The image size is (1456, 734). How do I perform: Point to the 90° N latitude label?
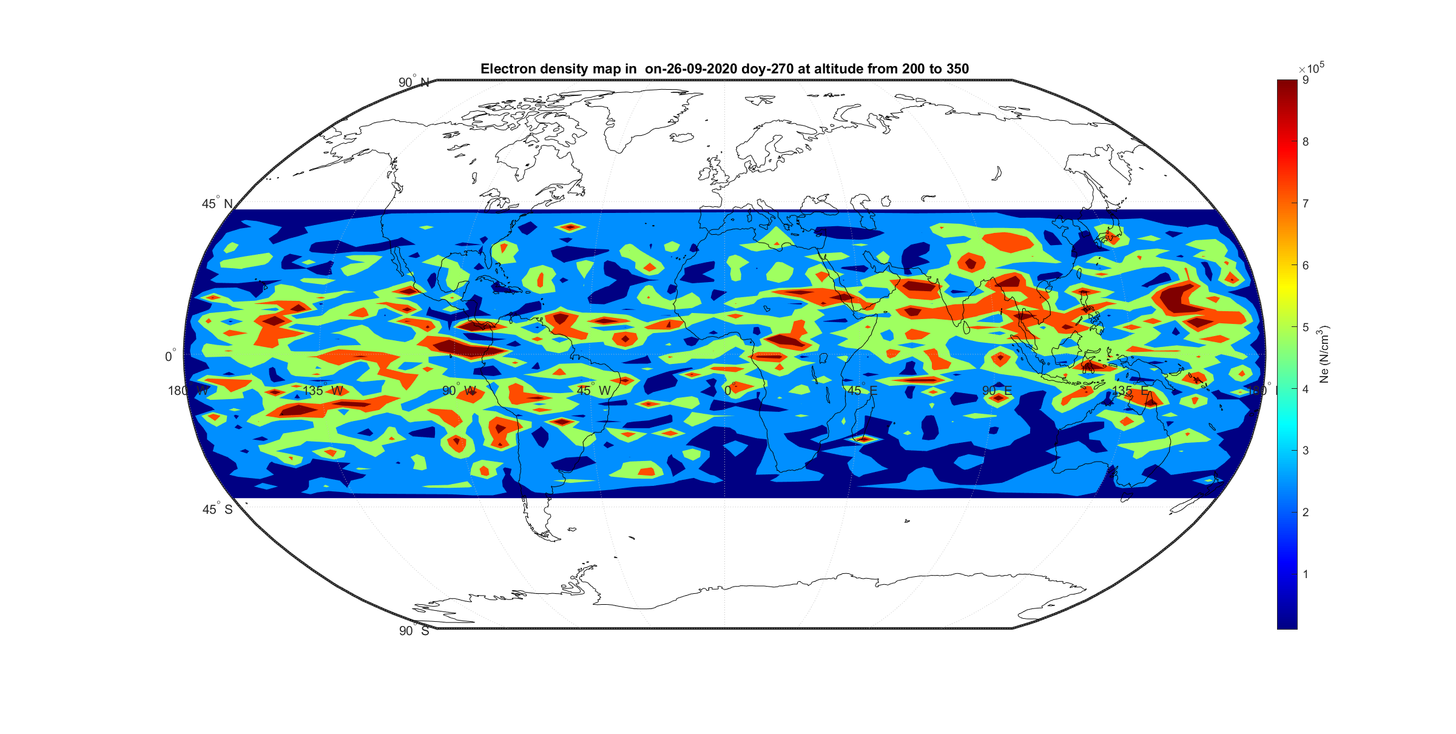pyautogui.click(x=414, y=82)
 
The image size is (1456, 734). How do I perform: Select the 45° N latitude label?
pyautogui.click(x=217, y=204)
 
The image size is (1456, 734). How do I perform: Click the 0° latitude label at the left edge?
pyautogui.click(x=170, y=356)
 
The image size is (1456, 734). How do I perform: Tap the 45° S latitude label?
pyautogui.click(x=217, y=510)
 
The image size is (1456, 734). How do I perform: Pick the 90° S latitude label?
pyautogui.click(x=414, y=631)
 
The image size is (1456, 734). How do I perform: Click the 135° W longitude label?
pyautogui.click(x=323, y=391)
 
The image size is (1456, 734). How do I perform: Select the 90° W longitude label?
pyautogui.click(x=459, y=391)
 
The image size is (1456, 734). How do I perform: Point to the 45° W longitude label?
pyautogui.click(x=594, y=391)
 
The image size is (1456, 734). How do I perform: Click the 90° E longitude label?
pyautogui.click(x=997, y=391)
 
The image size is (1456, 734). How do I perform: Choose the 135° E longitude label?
pyautogui.click(x=1131, y=391)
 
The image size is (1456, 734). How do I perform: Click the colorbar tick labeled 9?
pyautogui.click(x=1306, y=80)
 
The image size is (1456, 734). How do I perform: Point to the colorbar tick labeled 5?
pyautogui.click(x=1306, y=327)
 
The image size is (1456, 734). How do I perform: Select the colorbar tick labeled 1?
pyautogui.click(x=1306, y=574)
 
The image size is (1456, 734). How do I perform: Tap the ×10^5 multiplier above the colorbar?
pyautogui.click(x=1311, y=69)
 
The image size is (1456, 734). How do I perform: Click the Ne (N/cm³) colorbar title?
pyautogui.click(x=1324, y=354)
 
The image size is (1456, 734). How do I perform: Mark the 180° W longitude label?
pyautogui.click(x=188, y=391)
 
